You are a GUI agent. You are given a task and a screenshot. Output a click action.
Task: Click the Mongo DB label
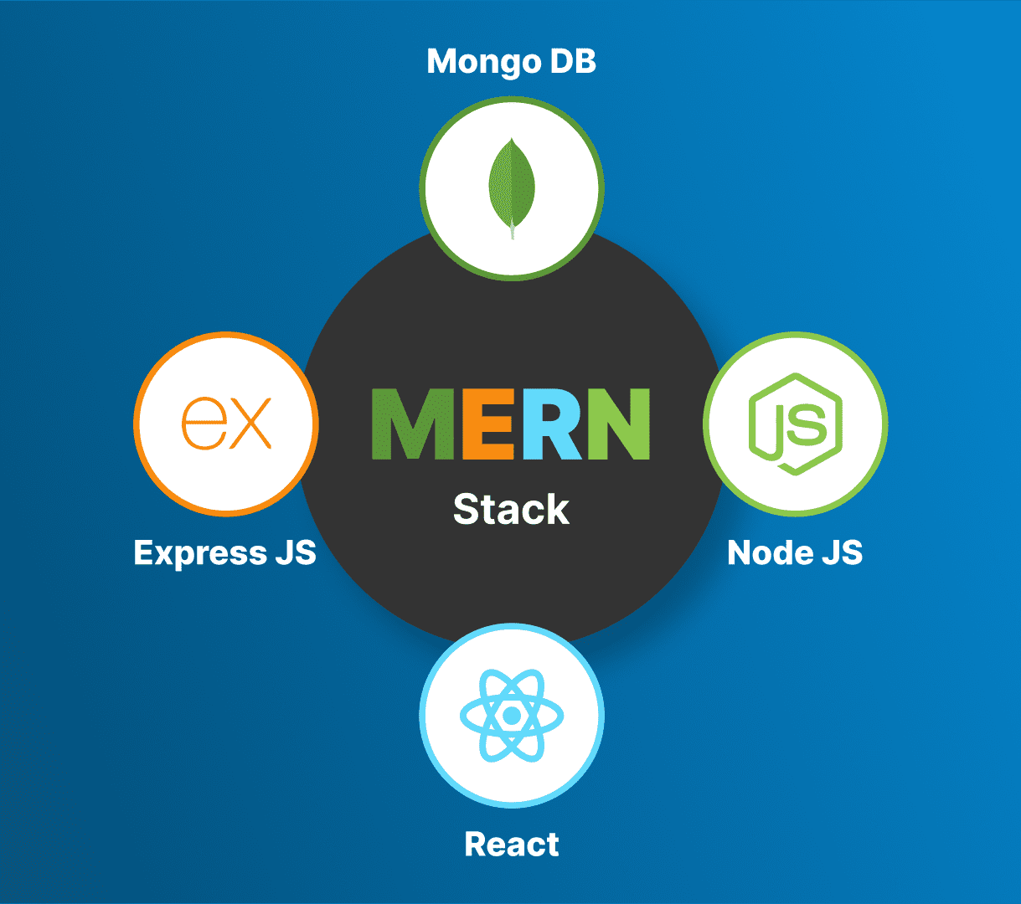coord(511,62)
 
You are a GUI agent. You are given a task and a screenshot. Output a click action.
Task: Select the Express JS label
coord(224,553)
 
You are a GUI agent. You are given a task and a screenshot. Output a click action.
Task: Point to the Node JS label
coord(795,553)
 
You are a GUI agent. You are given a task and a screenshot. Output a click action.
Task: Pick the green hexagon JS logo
coord(795,424)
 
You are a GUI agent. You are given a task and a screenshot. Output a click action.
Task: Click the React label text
coord(512,845)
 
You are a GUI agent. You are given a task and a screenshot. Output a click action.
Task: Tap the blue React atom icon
coord(511,716)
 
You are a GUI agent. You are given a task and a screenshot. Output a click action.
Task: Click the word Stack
coord(511,510)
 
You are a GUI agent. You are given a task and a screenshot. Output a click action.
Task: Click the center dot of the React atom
coord(511,716)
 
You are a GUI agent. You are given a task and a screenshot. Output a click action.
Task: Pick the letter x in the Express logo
coord(250,424)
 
